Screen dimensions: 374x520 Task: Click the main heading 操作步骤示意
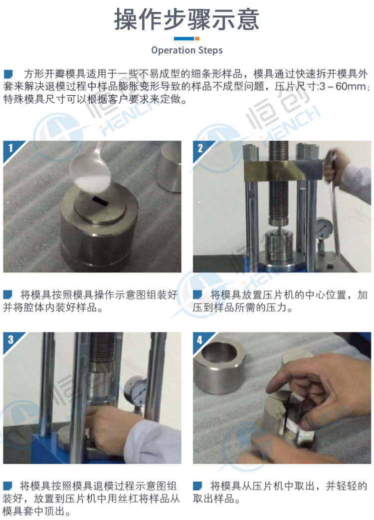click(x=187, y=19)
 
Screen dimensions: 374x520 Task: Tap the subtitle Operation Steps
click(x=187, y=50)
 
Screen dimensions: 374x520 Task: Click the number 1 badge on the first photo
click(x=11, y=148)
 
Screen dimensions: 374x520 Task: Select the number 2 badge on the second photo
click(x=200, y=148)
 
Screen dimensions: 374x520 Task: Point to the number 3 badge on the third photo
click(x=11, y=339)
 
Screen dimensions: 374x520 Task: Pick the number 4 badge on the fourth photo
click(x=200, y=339)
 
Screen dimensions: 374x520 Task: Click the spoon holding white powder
click(x=92, y=169)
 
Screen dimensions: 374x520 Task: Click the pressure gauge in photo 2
click(x=324, y=229)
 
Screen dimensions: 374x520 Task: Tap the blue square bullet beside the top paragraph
click(x=8, y=74)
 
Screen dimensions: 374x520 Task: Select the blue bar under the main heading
click(x=184, y=39)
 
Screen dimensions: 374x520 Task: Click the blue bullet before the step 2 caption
click(x=197, y=294)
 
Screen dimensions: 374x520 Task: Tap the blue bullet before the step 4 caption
click(x=197, y=486)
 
